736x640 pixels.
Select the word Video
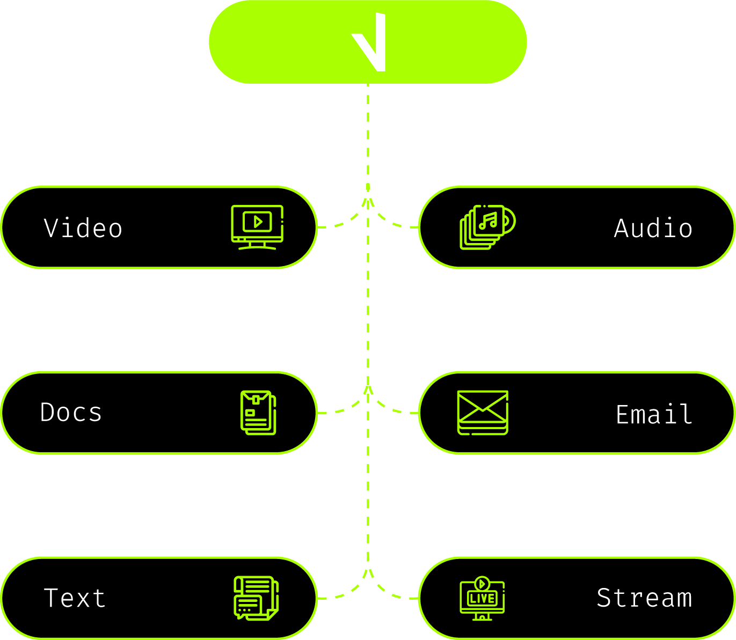(x=83, y=228)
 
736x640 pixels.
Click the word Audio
(x=653, y=228)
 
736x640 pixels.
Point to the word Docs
(x=71, y=413)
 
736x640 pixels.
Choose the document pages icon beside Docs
(x=258, y=413)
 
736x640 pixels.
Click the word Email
(x=654, y=414)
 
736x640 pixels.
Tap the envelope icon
(x=483, y=413)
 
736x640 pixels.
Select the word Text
(x=75, y=598)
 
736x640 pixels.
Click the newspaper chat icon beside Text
(x=256, y=598)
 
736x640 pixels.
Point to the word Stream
(x=644, y=598)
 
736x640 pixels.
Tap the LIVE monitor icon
(x=482, y=598)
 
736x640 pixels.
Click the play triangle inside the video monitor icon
(x=258, y=222)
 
